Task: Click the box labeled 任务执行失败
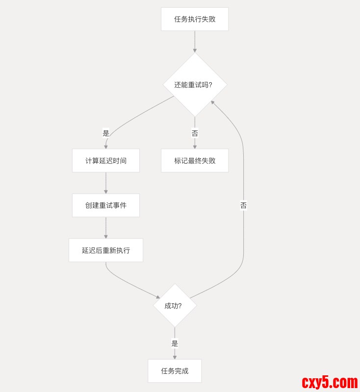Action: tap(195, 19)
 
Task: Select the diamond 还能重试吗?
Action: tap(195, 85)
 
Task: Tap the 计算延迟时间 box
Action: tap(106, 161)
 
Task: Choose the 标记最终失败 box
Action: tap(195, 161)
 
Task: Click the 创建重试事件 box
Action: tap(106, 205)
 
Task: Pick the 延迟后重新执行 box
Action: tap(106, 250)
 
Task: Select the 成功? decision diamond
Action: tap(175, 305)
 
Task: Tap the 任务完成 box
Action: tap(175, 371)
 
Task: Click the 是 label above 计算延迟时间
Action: tap(106, 133)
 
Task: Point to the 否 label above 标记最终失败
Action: tap(195, 133)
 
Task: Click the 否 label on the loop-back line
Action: tap(243, 206)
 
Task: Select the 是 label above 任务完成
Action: tap(175, 343)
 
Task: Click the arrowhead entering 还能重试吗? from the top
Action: tap(195, 50)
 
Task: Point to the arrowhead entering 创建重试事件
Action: tap(106, 192)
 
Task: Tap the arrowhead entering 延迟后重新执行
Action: tap(106, 237)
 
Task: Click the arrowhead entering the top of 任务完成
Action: tap(175, 357)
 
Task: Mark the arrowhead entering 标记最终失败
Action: tap(195, 147)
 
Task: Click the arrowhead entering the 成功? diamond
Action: tap(158, 296)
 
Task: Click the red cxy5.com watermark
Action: tap(330, 382)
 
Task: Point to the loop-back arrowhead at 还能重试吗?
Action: tap(213, 102)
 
